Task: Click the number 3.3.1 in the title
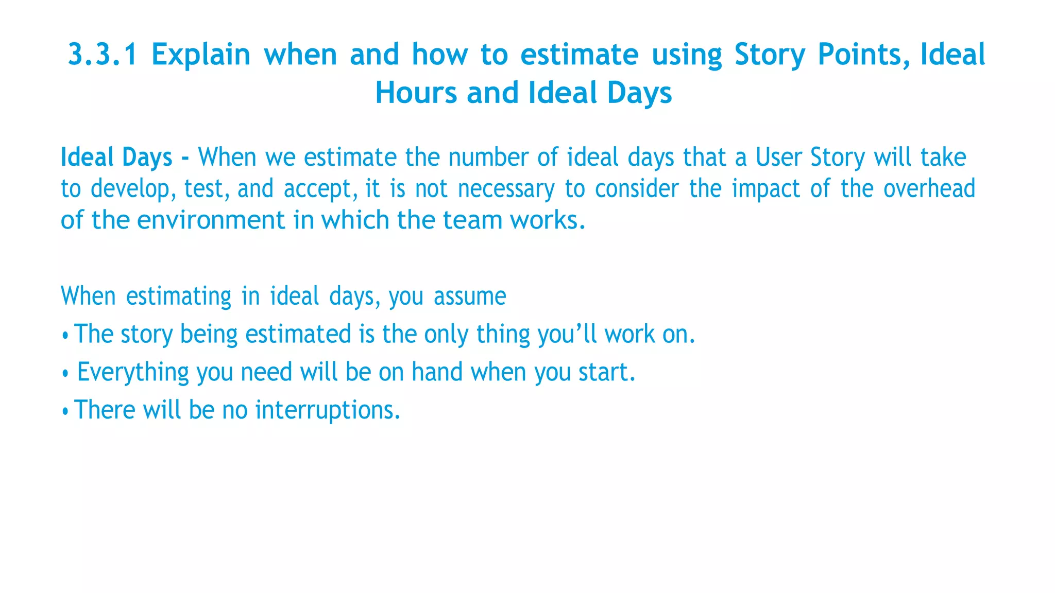[x=103, y=55]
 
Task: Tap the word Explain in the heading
[x=200, y=55]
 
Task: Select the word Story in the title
[x=769, y=55]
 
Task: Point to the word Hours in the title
[x=416, y=93]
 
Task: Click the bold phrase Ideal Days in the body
[x=116, y=157]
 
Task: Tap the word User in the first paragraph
[x=778, y=157]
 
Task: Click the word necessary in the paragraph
[x=506, y=188]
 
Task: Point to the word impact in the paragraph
[x=765, y=188]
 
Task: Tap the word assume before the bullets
[x=470, y=296]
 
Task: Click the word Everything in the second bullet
[x=133, y=372]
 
